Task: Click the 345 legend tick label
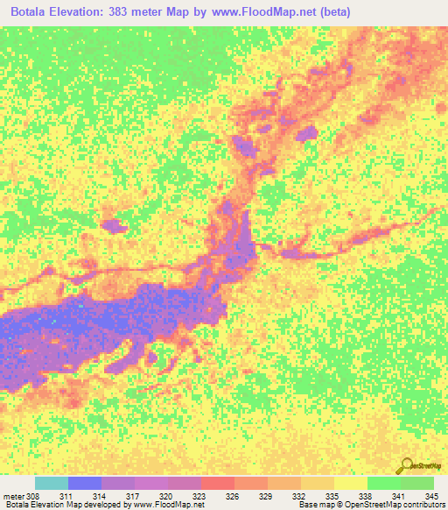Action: click(x=418, y=495)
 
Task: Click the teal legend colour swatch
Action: click(x=51, y=483)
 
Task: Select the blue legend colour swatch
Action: click(x=84, y=483)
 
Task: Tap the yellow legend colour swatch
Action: click(x=350, y=483)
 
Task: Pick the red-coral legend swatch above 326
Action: click(x=217, y=483)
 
